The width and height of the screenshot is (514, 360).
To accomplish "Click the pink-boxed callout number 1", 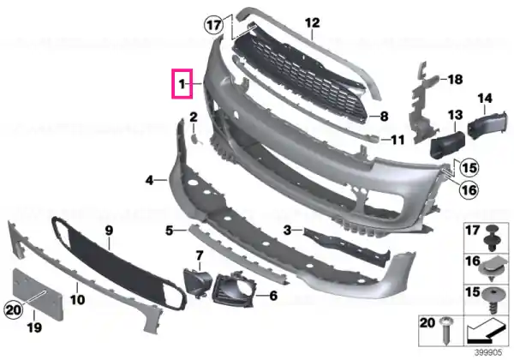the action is (x=182, y=84).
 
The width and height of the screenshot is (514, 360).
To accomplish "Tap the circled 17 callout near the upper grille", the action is (x=213, y=25).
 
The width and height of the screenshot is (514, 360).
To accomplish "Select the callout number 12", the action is (x=312, y=23).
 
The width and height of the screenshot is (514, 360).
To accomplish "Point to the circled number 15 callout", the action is (x=469, y=168).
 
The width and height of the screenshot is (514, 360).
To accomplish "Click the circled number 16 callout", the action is (x=469, y=189).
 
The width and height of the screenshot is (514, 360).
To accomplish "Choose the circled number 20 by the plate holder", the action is (x=14, y=309).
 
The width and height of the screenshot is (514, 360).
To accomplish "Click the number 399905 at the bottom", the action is (x=488, y=353).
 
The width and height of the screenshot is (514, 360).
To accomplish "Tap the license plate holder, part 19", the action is (x=38, y=293).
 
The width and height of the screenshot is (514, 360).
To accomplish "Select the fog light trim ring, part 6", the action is (x=233, y=289).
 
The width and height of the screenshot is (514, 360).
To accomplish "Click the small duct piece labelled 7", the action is (x=198, y=283).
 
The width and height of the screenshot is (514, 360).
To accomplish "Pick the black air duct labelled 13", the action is (x=447, y=145).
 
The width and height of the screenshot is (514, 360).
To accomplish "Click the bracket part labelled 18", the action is (x=422, y=105).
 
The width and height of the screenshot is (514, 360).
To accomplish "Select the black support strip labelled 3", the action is (x=346, y=246).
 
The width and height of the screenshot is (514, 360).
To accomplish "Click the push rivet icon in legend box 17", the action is (x=492, y=238).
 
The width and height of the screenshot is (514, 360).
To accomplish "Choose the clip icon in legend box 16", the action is (x=492, y=268).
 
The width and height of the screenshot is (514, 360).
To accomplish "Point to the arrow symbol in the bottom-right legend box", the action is (x=485, y=331).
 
